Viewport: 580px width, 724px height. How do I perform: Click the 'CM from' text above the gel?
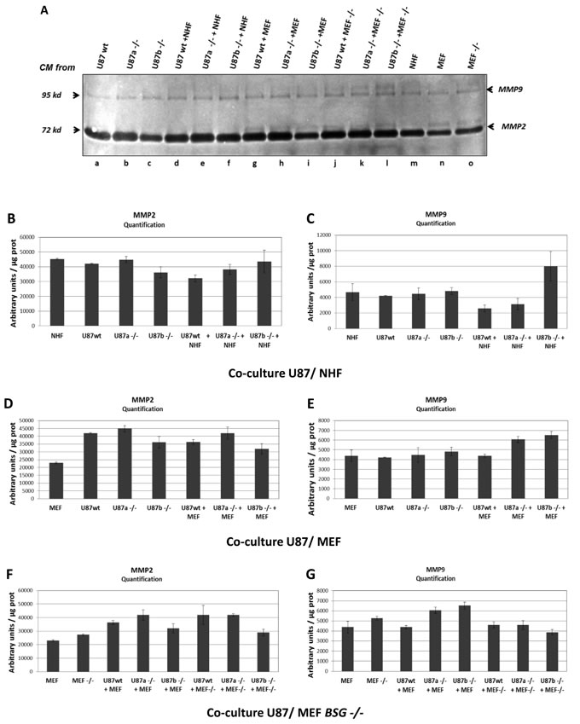(54, 66)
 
